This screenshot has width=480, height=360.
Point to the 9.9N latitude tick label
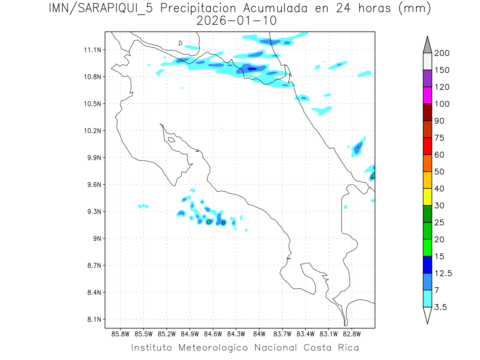click(x=92, y=158)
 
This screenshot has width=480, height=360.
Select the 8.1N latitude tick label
click(x=92, y=319)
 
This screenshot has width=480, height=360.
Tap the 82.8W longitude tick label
click(x=352, y=334)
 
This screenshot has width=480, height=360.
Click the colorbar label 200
click(x=442, y=53)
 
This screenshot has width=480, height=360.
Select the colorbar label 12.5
click(x=443, y=273)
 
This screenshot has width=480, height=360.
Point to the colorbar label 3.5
click(x=441, y=307)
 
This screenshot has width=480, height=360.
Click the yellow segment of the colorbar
click(x=427, y=197)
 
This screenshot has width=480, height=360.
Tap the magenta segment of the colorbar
click(x=427, y=95)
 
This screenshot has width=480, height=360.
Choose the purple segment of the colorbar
click(x=427, y=78)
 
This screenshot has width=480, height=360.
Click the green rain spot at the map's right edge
click(x=373, y=175)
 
